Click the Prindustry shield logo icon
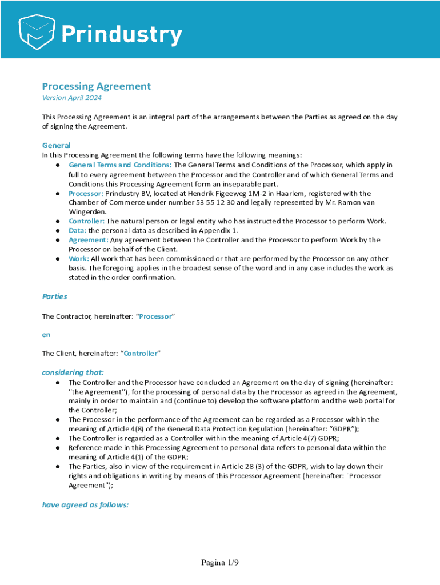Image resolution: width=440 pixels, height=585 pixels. pyautogui.click(x=38, y=31)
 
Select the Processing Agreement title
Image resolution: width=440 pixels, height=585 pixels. pyautogui.click(x=96, y=86)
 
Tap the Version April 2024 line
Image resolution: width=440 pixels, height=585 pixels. pyautogui.click(x=71, y=98)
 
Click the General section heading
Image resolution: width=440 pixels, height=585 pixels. pyautogui.click(x=56, y=145)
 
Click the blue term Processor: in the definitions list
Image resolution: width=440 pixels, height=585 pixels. pyautogui.click(x=86, y=193)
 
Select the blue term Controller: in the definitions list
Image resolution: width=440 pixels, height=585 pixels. pyautogui.click(x=86, y=221)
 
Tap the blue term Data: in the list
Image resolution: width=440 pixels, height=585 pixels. pyautogui.click(x=77, y=230)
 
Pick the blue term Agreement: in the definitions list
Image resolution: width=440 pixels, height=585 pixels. pyautogui.click(x=88, y=240)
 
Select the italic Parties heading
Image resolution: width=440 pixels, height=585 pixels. pyautogui.click(x=54, y=296)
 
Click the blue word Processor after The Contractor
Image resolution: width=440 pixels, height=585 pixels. pyautogui.click(x=155, y=316)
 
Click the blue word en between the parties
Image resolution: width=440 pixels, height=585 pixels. pyautogui.click(x=46, y=335)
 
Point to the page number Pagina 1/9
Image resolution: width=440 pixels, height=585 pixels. pyautogui.click(x=219, y=563)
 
